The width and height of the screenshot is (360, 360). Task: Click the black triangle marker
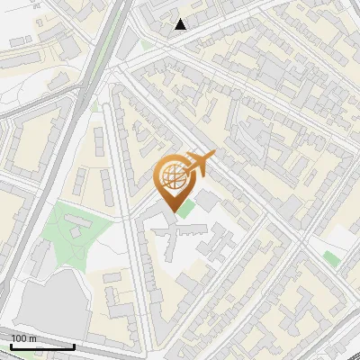pyautogui.click(x=181, y=24)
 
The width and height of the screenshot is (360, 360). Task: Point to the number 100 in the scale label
pyautogui.click(x=18, y=338)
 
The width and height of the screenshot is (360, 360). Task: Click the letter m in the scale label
pyautogui.click(x=32, y=338)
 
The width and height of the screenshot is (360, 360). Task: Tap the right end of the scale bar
pyautogui.click(x=74, y=346)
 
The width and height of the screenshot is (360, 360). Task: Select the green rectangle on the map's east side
pyautogui.click(x=332, y=259)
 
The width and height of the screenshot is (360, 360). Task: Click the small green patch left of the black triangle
pyautogui.click(x=146, y=43)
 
